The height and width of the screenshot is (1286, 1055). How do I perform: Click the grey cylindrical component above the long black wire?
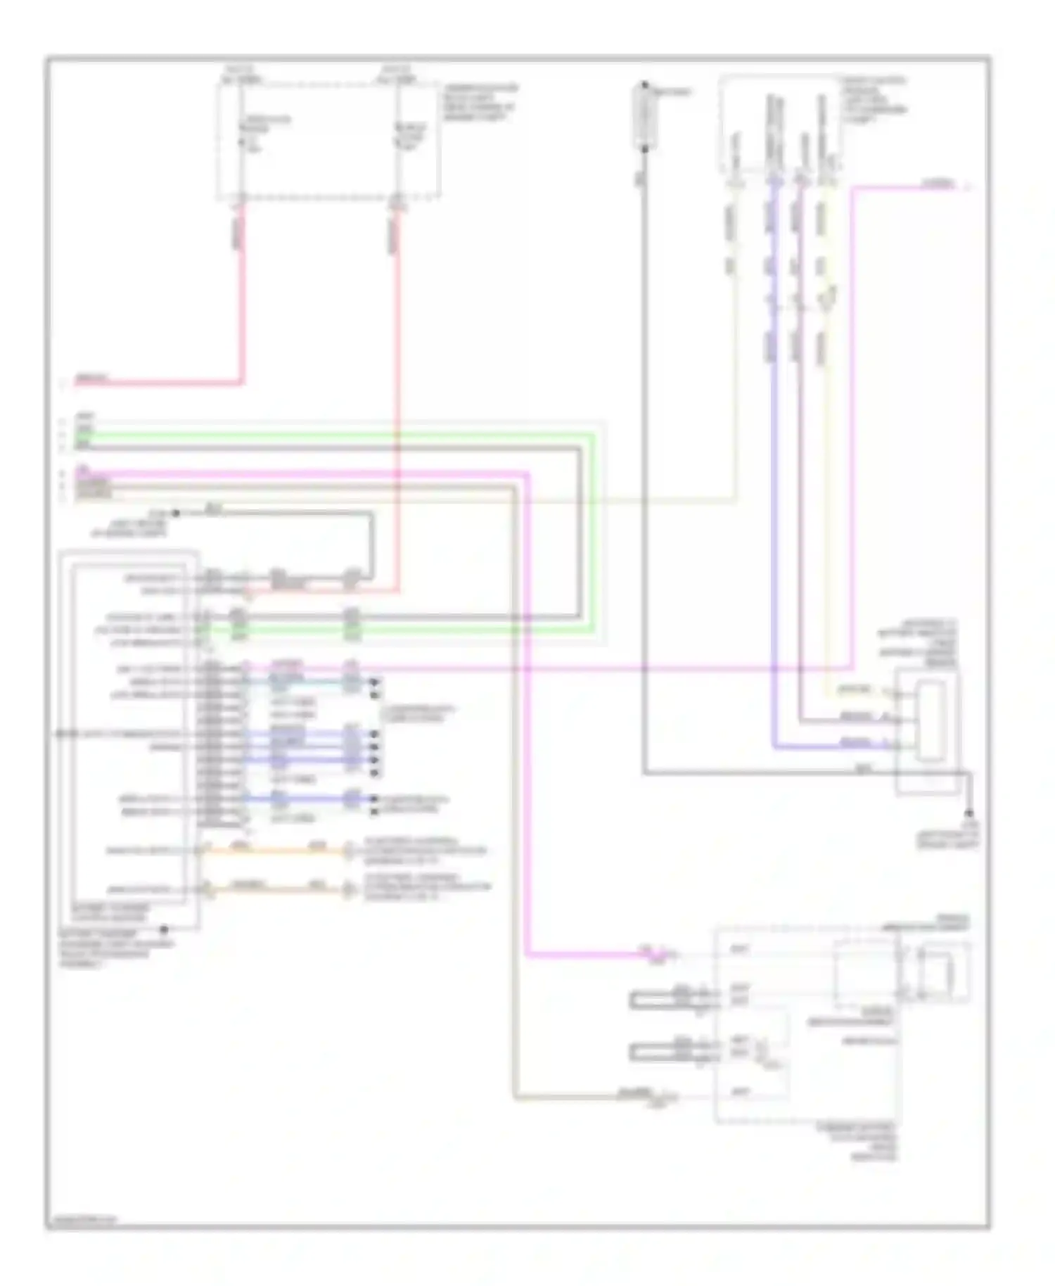coord(644,116)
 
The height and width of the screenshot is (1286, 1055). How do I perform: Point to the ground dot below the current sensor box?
coord(969,813)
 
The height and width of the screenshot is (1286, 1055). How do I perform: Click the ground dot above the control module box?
coord(176,514)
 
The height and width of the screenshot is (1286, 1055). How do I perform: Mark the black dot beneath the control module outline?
coord(164,929)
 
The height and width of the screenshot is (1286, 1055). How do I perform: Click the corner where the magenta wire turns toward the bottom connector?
coord(527,955)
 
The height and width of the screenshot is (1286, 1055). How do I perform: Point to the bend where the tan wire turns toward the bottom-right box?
coord(515,1096)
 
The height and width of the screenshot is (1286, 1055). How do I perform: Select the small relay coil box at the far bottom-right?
coord(935,973)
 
